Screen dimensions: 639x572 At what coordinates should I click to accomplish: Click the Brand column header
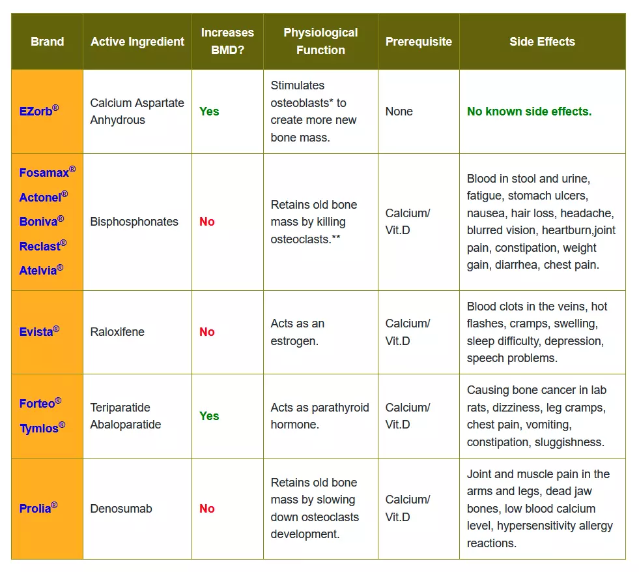[x=48, y=42]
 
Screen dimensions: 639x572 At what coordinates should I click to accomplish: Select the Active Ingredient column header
[x=137, y=42]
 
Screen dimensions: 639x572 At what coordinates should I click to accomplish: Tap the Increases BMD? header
[x=227, y=41]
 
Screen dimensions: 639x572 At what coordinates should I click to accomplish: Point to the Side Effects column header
[x=542, y=42]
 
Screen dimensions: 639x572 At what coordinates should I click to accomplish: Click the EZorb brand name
[x=39, y=111]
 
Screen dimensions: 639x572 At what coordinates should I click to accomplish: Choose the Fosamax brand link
[x=48, y=172]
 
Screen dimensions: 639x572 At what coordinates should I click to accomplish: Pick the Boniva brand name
[x=42, y=221]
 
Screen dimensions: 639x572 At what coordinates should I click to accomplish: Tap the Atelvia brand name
[x=41, y=270]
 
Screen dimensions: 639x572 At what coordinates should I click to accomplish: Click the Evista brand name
[x=40, y=331]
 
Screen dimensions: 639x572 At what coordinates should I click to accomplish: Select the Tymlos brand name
[x=42, y=428]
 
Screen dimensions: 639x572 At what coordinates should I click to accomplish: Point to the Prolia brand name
[x=38, y=508]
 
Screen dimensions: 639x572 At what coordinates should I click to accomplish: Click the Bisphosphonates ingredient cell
[x=134, y=222]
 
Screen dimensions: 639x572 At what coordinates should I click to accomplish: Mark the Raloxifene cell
[x=117, y=332]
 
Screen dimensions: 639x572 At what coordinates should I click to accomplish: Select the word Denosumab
[x=121, y=508]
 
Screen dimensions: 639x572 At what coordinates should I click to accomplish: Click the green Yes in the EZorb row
[x=209, y=112]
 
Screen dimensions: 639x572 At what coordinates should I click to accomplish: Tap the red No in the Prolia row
[x=207, y=508]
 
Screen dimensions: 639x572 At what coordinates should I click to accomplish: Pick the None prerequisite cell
[x=399, y=112]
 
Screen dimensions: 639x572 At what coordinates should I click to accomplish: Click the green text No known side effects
[x=529, y=112]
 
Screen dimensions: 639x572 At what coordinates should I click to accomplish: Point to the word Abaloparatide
[x=126, y=425]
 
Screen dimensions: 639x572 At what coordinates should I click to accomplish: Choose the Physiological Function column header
[x=320, y=41]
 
